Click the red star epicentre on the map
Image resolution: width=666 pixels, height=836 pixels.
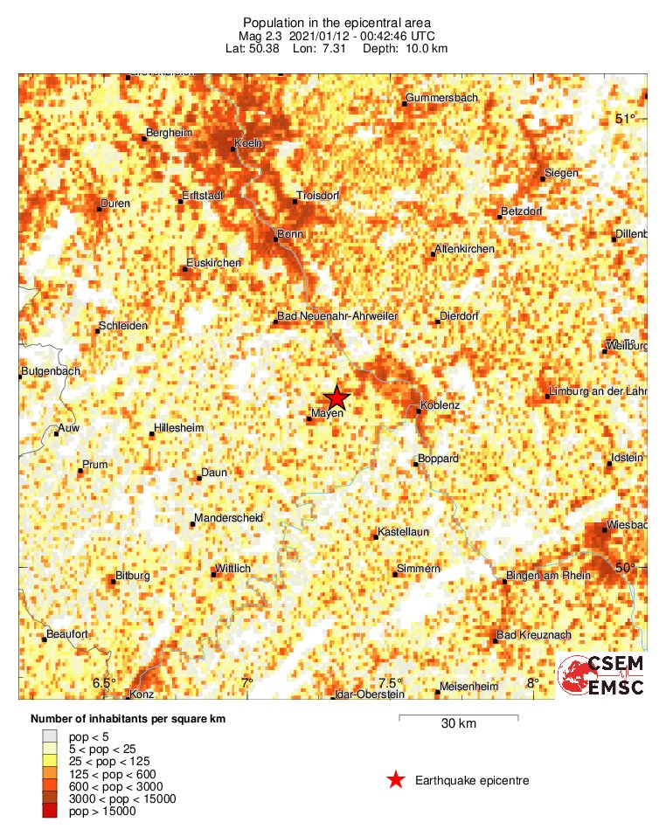(336, 397)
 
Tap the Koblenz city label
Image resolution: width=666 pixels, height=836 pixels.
(440, 406)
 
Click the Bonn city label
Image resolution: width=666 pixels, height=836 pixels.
(289, 234)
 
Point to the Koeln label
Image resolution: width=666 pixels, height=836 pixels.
(249, 143)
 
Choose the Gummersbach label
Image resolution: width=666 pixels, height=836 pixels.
(443, 98)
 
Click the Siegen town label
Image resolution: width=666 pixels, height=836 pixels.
(561, 173)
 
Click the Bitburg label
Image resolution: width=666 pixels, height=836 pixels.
(133, 576)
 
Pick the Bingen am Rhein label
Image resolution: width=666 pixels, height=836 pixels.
(548, 576)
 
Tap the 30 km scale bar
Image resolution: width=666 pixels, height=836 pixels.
(459, 718)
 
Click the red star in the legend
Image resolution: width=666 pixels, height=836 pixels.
(396, 780)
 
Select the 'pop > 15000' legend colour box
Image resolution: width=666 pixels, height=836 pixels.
(52, 812)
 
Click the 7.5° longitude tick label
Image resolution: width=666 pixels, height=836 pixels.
(390, 683)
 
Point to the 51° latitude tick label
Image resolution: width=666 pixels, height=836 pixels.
(626, 119)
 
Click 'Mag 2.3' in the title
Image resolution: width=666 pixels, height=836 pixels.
(264, 36)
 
